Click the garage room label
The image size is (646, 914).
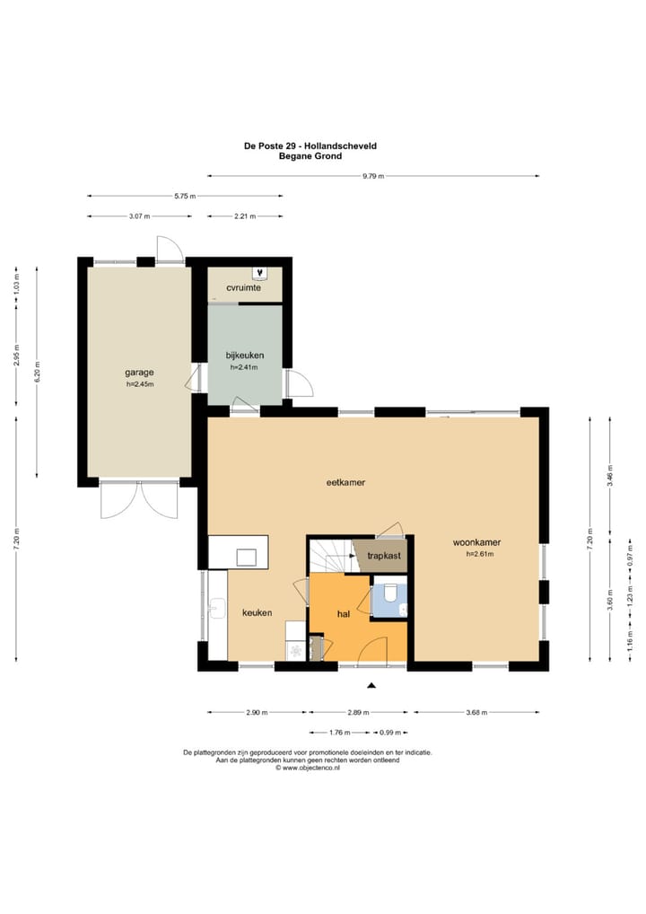[x=139, y=373]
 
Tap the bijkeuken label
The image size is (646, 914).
[x=245, y=355]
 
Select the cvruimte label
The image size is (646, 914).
[x=243, y=288]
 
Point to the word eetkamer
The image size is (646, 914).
[x=345, y=483]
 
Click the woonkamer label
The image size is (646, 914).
[x=476, y=542]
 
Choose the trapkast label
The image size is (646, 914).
[x=384, y=556]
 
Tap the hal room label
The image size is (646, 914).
[x=344, y=614]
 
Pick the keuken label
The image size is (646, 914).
[x=257, y=612]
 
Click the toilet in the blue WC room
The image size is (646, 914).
[x=389, y=592]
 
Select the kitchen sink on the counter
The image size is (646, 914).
[x=217, y=609]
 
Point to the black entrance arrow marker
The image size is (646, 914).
[x=371, y=686]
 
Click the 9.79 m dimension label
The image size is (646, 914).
[x=373, y=176]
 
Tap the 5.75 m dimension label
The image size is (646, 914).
[x=185, y=197]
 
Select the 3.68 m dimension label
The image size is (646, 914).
[x=476, y=712]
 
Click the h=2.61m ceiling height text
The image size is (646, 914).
[x=479, y=554]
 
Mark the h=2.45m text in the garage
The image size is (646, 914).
[x=140, y=384]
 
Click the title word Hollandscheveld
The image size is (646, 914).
[x=345, y=145]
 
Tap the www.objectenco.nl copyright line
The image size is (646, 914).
[x=308, y=769]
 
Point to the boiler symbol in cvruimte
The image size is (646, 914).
[x=259, y=272]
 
